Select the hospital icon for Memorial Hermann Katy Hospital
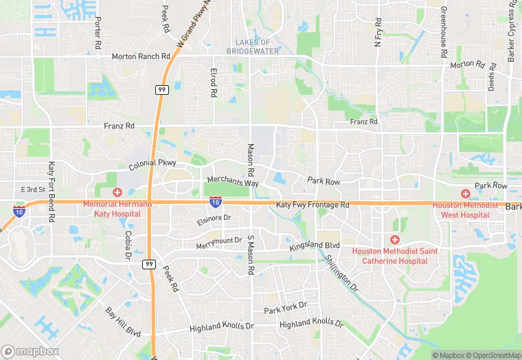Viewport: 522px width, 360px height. click(x=117, y=192)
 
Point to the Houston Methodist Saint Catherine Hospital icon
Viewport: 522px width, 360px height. click(x=394, y=240)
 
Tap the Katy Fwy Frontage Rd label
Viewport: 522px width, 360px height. click(x=313, y=205)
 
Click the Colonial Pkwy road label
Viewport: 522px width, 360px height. click(x=152, y=164)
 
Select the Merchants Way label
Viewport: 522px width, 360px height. click(x=232, y=182)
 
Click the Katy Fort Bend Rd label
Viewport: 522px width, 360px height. click(x=52, y=191)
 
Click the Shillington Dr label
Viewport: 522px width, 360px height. click(x=341, y=273)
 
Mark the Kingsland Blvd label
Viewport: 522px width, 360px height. click(x=315, y=245)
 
